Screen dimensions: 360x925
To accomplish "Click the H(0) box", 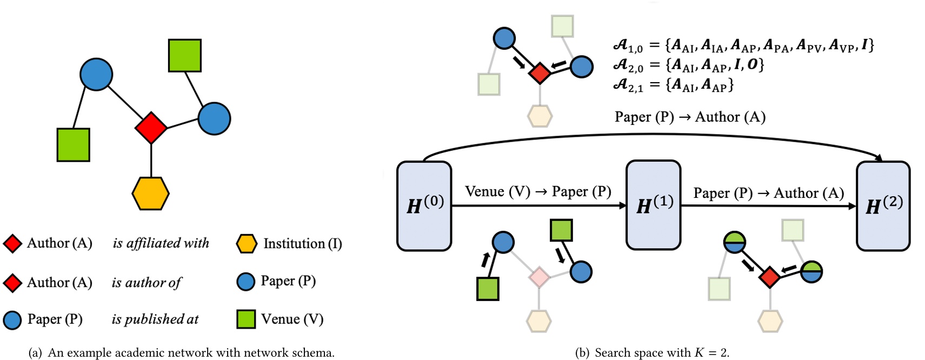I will [x=424, y=206].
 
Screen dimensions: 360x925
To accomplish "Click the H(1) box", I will [x=653, y=205].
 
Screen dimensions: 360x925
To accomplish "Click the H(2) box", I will [x=883, y=206].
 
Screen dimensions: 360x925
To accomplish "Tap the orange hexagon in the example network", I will [x=151, y=194].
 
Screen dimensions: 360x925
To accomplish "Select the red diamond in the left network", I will [x=151, y=128].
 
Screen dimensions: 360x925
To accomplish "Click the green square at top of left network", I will [x=185, y=55].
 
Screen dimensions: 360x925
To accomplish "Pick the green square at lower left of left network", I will [x=74, y=145].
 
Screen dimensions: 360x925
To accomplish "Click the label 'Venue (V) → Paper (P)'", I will [x=538, y=192].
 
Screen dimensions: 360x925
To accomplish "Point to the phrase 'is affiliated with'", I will [x=161, y=243].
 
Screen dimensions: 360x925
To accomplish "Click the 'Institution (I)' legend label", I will [x=302, y=244].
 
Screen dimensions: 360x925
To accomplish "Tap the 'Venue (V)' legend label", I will [x=292, y=319].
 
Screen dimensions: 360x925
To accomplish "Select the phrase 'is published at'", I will [x=155, y=319].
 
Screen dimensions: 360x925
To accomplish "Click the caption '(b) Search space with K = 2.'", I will [x=652, y=352].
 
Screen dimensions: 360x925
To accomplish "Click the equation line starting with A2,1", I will [x=673, y=85].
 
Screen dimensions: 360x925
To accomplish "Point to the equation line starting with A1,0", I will [x=743, y=45].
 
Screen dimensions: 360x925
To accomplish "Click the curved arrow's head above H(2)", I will [x=879, y=158].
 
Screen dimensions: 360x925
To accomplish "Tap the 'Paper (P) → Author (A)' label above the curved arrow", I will [x=690, y=117].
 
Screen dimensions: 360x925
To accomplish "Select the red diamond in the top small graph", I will [x=540, y=73].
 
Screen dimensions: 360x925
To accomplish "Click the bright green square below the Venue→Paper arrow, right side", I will [x=561, y=230].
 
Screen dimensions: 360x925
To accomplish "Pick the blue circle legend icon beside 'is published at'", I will [x=12, y=320].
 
